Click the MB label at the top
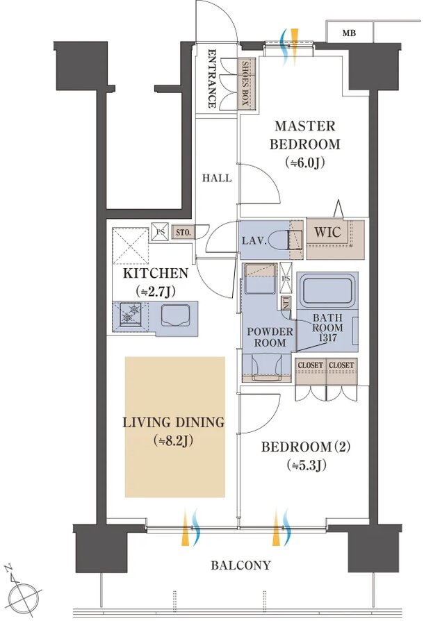(x=349, y=33)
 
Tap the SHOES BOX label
(x=245, y=83)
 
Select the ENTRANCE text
(x=212, y=78)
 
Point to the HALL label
(x=217, y=179)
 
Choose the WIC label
(x=327, y=232)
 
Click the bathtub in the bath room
(x=327, y=290)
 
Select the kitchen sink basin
(x=176, y=315)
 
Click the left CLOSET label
(x=310, y=365)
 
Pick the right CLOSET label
(x=341, y=365)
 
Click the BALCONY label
(x=240, y=565)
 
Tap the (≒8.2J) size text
(x=173, y=441)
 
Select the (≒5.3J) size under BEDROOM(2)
(x=307, y=465)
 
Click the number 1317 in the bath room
(x=327, y=338)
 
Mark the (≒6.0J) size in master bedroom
(x=305, y=163)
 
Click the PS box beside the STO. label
(x=160, y=232)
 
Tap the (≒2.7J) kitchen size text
(x=155, y=292)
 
